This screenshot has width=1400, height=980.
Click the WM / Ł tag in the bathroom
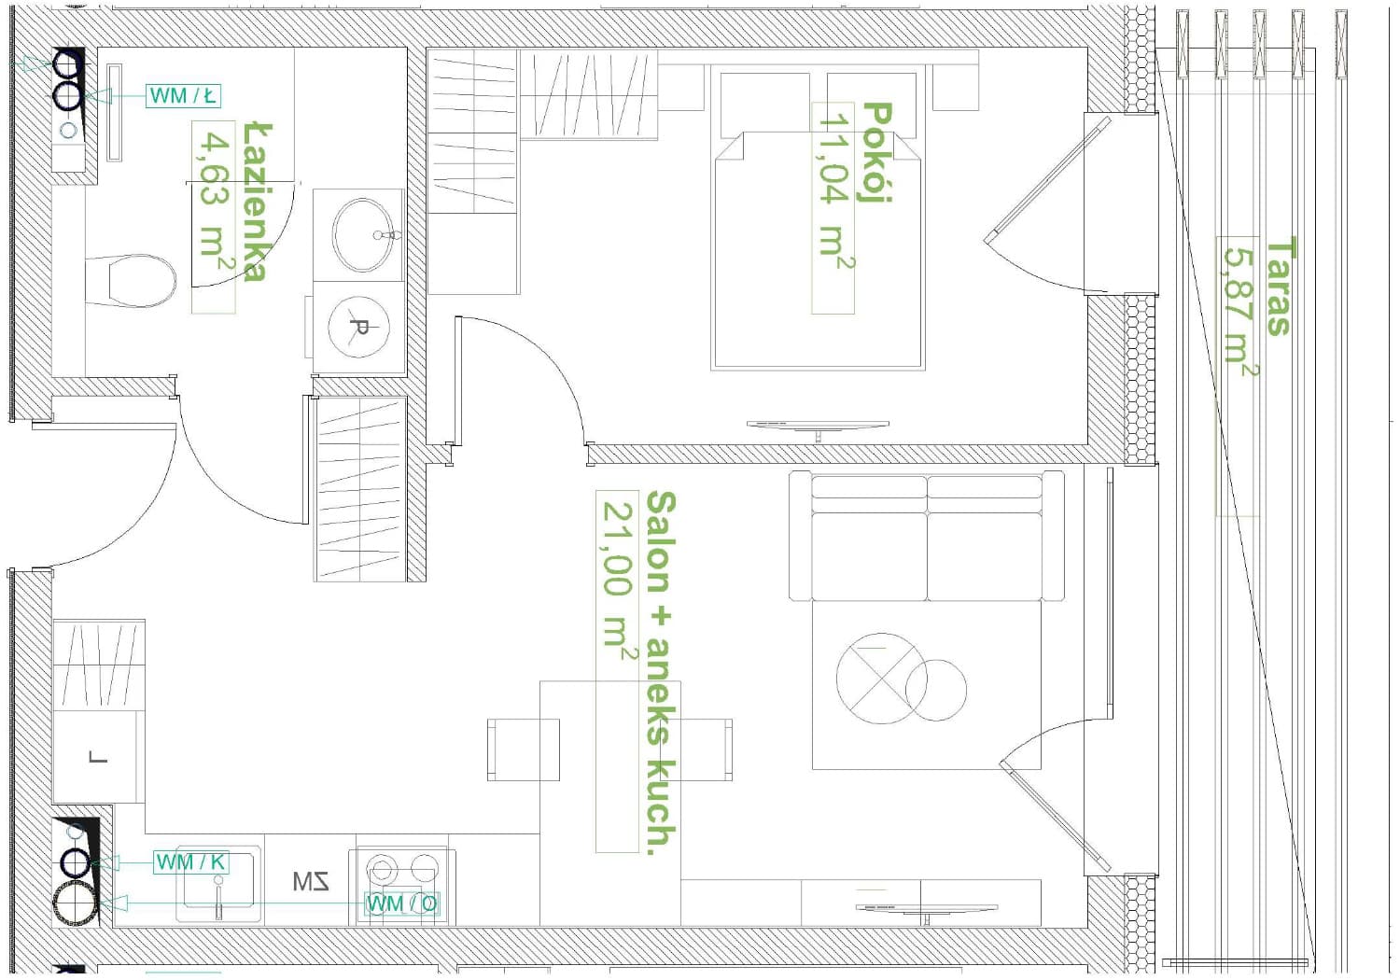click(183, 95)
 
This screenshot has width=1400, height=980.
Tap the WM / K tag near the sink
click(190, 862)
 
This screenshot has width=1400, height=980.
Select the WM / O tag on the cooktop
click(402, 903)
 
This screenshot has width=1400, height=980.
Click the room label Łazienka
click(257, 202)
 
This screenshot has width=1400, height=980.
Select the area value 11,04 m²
click(835, 188)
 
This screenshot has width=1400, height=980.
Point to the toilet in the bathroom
click(131, 281)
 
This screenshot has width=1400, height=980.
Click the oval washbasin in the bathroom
click(363, 235)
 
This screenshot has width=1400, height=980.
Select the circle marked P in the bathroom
click(358, 327)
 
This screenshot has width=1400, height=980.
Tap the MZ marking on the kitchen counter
click(311, 881)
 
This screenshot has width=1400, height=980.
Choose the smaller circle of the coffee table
click(935, 691)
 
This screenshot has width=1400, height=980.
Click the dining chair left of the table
click(523, 749)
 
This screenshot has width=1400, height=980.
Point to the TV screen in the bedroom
click(818, 426)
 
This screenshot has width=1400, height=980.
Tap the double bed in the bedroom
click(819, 251)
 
